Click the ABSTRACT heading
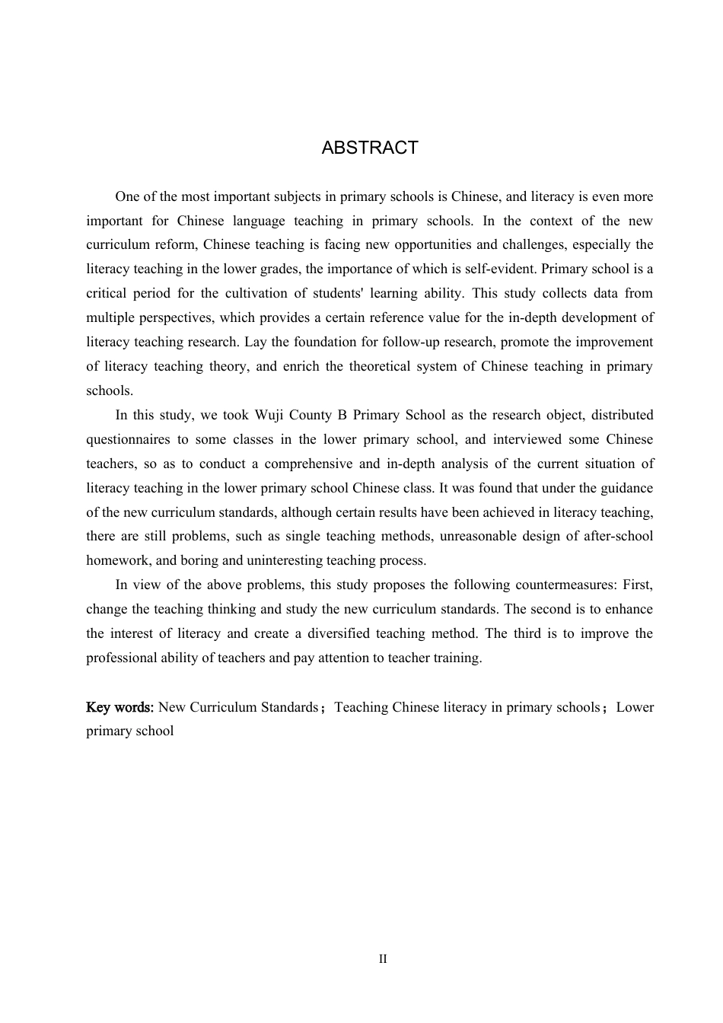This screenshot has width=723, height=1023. [370, 148]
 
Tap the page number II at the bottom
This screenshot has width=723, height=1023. [383, 959]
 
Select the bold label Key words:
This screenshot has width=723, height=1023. [120, 707]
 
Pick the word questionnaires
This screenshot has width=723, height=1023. [128, 439]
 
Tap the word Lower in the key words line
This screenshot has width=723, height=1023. [635, 707]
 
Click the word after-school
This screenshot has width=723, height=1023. [618, 537]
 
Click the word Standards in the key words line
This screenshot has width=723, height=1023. [289, 707]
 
